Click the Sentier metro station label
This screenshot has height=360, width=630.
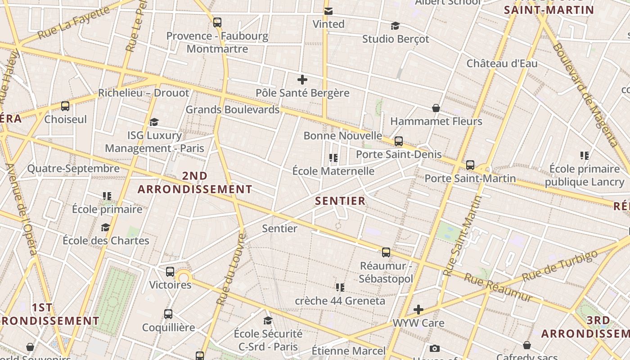(279, 229)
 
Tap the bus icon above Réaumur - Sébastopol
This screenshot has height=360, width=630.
(386, 252)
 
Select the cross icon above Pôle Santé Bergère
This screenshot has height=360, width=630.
(302, 80)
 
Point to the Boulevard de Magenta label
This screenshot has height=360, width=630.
(585, 94)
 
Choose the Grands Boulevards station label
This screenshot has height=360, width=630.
(233, 109)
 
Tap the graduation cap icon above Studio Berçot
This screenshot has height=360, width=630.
(395, 26)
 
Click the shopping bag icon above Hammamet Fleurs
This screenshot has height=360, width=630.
(436, 108)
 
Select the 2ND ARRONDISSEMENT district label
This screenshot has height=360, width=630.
(195, 183)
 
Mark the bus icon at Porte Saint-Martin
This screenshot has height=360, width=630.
(470, 165)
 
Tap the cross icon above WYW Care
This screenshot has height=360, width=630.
(418, 310)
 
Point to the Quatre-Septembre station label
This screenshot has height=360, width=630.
(73, 169)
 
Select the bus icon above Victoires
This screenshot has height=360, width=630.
(170, 272)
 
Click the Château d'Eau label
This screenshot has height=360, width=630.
(502, 63)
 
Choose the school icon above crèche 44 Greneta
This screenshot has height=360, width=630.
(340, 287)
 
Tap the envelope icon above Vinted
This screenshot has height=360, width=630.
(328, 11)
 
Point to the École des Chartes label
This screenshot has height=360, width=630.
(106, 240)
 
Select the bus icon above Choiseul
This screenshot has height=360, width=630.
(65, 106)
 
